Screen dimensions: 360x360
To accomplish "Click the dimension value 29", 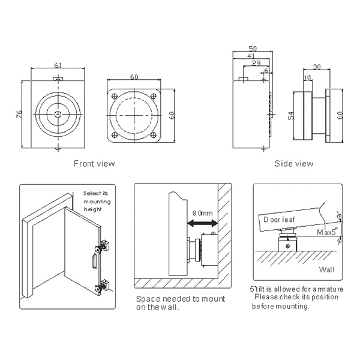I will click(257, 63).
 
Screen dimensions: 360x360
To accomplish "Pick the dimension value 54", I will click(290, 116).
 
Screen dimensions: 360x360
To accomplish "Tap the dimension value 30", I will click(317, 68).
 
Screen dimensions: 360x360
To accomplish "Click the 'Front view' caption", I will click(94, 163).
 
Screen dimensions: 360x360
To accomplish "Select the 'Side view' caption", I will click(293, 163).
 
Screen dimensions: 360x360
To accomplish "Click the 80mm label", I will click(202, 213).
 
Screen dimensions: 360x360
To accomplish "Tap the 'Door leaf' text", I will click(279, 220).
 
